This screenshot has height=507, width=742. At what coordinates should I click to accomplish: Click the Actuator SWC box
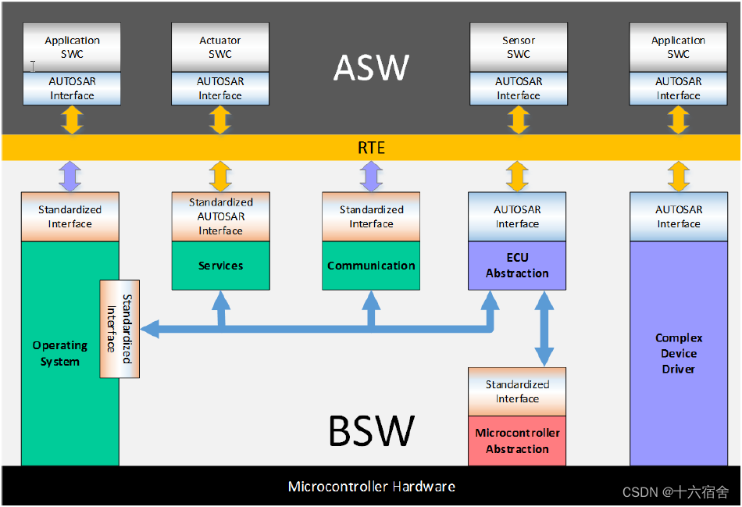(x=220, y=47)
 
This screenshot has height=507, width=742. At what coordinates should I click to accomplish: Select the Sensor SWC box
(x=518, y=47)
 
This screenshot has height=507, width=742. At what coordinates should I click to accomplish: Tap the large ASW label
(x=371, y=68)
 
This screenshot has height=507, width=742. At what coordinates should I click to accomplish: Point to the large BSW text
(x=371, y=430)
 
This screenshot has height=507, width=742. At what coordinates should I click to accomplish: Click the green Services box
(x=220, y=266)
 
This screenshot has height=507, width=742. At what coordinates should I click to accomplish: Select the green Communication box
(x=371, y=266)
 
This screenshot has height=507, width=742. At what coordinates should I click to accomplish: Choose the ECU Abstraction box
(x=517, y=266)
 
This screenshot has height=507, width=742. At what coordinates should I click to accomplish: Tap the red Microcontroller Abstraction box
(x=517, y=441)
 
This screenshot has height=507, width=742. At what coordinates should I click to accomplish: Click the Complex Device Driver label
(x=678, y=353)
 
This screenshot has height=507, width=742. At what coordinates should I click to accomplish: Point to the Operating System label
(x=60, y=353)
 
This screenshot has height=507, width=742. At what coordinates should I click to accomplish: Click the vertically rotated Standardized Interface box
(x=120, y=329)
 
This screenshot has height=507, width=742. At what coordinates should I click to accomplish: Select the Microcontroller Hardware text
(x=371, y=487)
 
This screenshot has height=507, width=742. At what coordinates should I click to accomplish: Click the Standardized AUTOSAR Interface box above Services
(x=220, y=216)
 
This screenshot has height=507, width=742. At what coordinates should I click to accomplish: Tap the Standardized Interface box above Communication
(x=371, y=216)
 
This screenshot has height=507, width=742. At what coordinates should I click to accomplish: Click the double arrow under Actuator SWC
(x=220, y=120)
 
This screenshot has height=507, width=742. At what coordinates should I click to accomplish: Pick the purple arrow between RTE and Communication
(x=371, y=177)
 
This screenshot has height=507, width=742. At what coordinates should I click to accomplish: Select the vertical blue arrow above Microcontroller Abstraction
(x=544, y=329)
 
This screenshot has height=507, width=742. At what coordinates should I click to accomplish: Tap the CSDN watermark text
(x=675, y=492)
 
